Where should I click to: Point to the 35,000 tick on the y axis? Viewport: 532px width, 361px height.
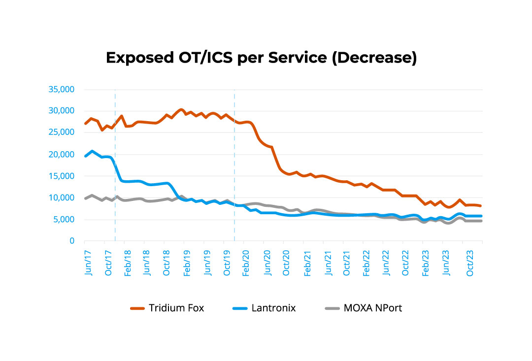[61, 89]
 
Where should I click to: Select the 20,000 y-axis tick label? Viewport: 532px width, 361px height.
[61, 154]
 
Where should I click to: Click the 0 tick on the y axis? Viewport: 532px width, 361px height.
[71, 241]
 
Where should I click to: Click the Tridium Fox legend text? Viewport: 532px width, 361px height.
[176, 308]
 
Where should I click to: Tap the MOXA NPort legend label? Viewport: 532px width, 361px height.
[374, 308]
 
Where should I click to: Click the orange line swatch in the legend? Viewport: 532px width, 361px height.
[137, 309]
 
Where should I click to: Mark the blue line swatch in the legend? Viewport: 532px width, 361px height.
[239, 309]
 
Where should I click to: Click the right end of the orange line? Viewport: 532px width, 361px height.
[481, 206]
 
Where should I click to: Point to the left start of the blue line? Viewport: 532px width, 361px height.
[85, 156]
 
